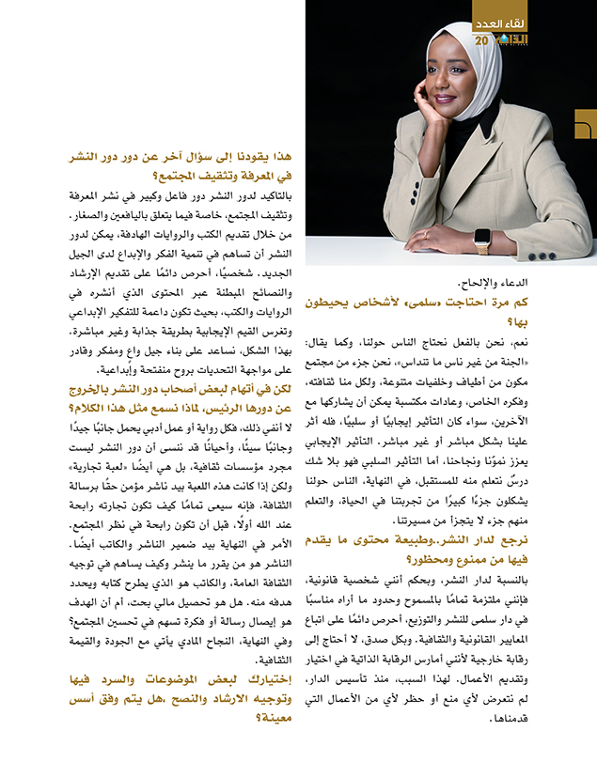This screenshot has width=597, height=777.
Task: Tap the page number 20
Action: (483, 40)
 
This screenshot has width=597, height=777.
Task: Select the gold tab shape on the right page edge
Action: (587, 125)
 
